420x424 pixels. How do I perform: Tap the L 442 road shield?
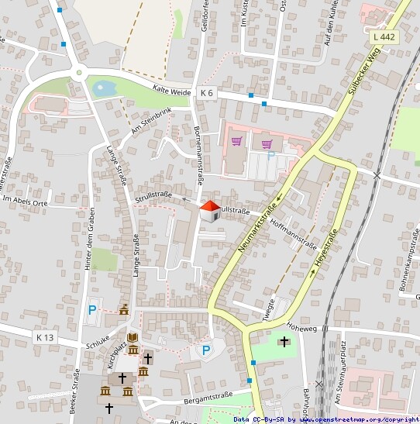click(x=383, y=36)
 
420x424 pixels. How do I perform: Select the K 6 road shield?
click(x=206, y=92)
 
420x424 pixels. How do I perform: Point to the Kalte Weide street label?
click(x=171, y=91)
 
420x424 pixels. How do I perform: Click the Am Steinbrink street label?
click(x=150, y=120)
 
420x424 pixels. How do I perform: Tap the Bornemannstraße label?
click(x=198, y=155)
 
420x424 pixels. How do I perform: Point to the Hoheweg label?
click(x=302, y=326)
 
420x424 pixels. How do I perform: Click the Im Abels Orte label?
click(x=25, y=200)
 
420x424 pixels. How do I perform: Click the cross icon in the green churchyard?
click(x=284, y=341)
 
